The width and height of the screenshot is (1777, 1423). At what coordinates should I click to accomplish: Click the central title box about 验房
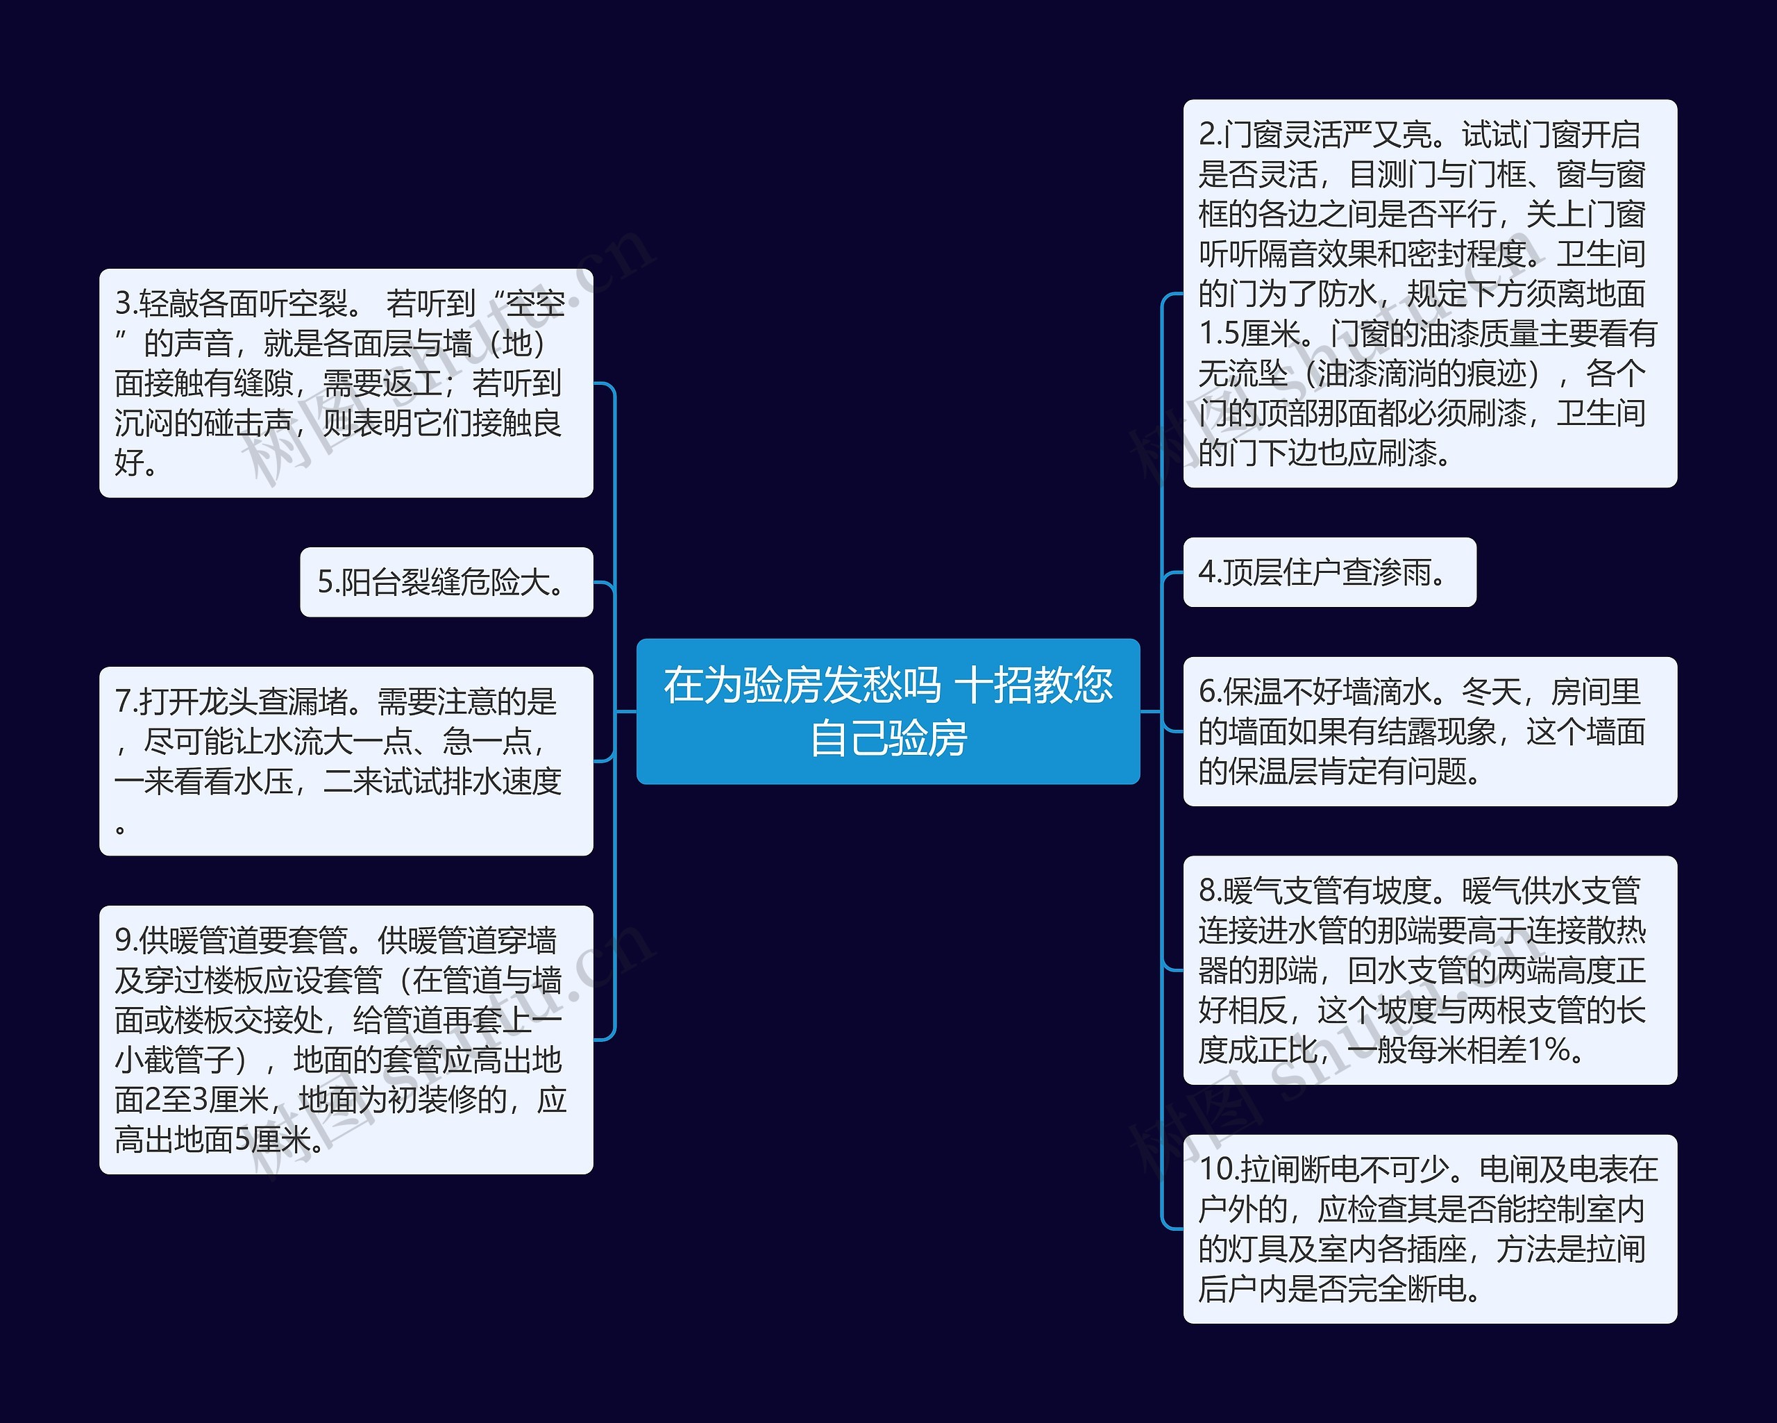tap(888, 710)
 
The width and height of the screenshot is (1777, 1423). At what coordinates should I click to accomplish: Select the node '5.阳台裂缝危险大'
tap(446, 582)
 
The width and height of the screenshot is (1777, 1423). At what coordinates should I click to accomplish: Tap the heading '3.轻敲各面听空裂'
tap(233, 303)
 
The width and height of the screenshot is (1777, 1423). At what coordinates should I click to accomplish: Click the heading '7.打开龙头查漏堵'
tap(233, 701)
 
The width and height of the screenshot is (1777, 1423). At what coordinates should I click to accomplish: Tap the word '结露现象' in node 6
tap(1438, 731)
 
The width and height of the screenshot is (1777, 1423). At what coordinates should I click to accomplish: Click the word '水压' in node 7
tap(264, 781)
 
